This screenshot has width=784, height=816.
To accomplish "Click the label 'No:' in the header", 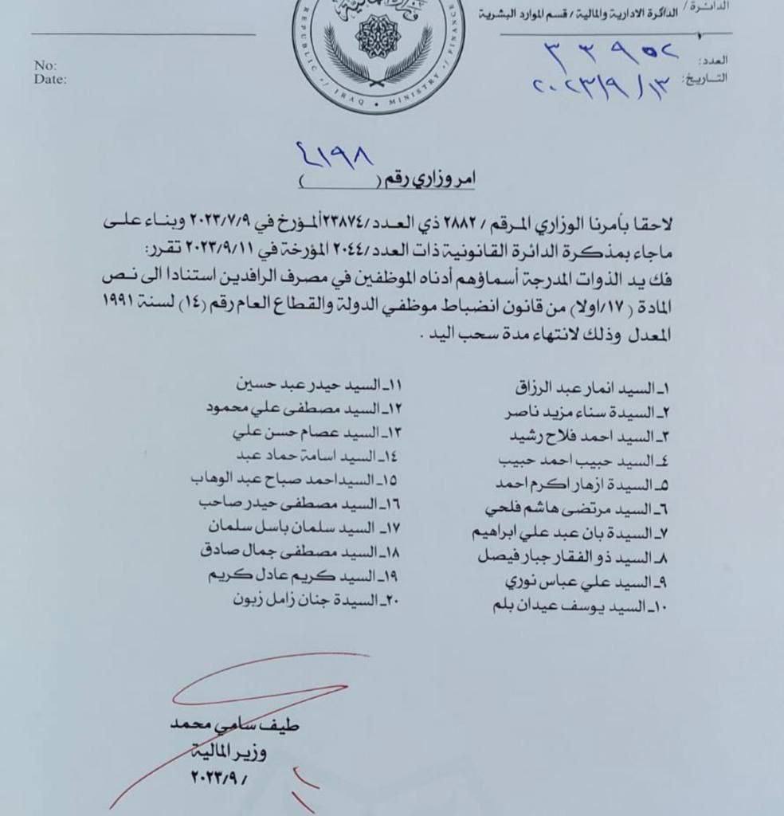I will [45, 65].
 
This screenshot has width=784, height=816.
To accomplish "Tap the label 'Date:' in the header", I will [50, 79].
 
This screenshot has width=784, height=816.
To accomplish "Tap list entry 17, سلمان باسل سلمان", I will [304, 528].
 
